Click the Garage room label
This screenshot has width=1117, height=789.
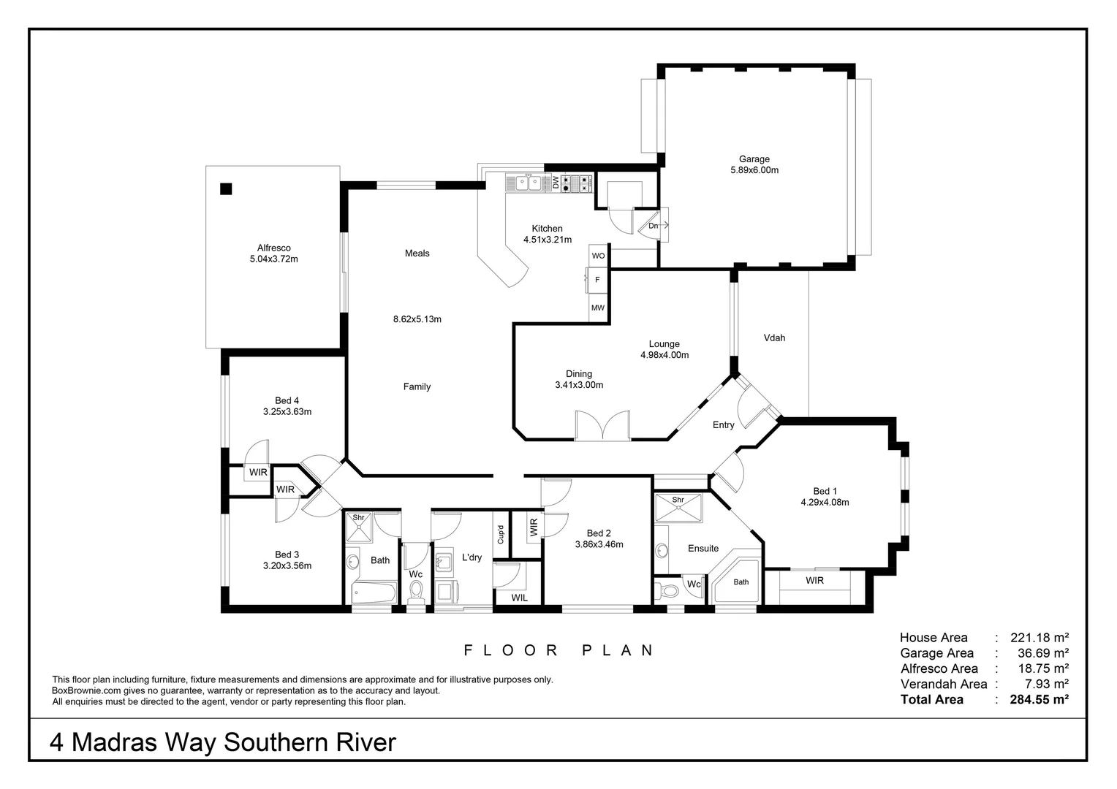point(754,159)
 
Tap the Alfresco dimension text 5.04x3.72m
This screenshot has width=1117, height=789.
point(273,259)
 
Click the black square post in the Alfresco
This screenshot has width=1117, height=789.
point(226,189)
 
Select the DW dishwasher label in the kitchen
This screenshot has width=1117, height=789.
point(556,183)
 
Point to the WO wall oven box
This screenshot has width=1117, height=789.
point(598,256)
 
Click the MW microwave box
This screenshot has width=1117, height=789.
point(598,308)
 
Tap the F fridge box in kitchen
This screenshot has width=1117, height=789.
point(597,280)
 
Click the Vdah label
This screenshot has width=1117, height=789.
point(774,338)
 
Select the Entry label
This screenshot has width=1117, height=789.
point(723,425)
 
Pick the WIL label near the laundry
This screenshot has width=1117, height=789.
point(519,598)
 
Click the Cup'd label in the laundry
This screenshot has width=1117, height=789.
point(501,535)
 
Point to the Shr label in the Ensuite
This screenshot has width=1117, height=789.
point(678,500)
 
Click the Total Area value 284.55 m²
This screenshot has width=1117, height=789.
point(1039,699)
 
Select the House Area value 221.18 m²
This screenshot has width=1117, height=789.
point(1039,637)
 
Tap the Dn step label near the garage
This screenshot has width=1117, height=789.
point(653,226)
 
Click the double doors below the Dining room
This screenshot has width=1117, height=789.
point(602,426)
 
